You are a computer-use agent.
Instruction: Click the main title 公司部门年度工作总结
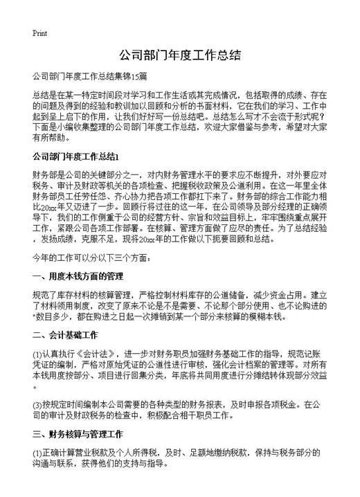tap(179, 56)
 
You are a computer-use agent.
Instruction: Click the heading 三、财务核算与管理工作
tap(78, 435)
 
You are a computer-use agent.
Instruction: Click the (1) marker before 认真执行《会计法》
tap(37, 351)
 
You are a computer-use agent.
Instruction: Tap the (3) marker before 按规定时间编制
tap(37, 404)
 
